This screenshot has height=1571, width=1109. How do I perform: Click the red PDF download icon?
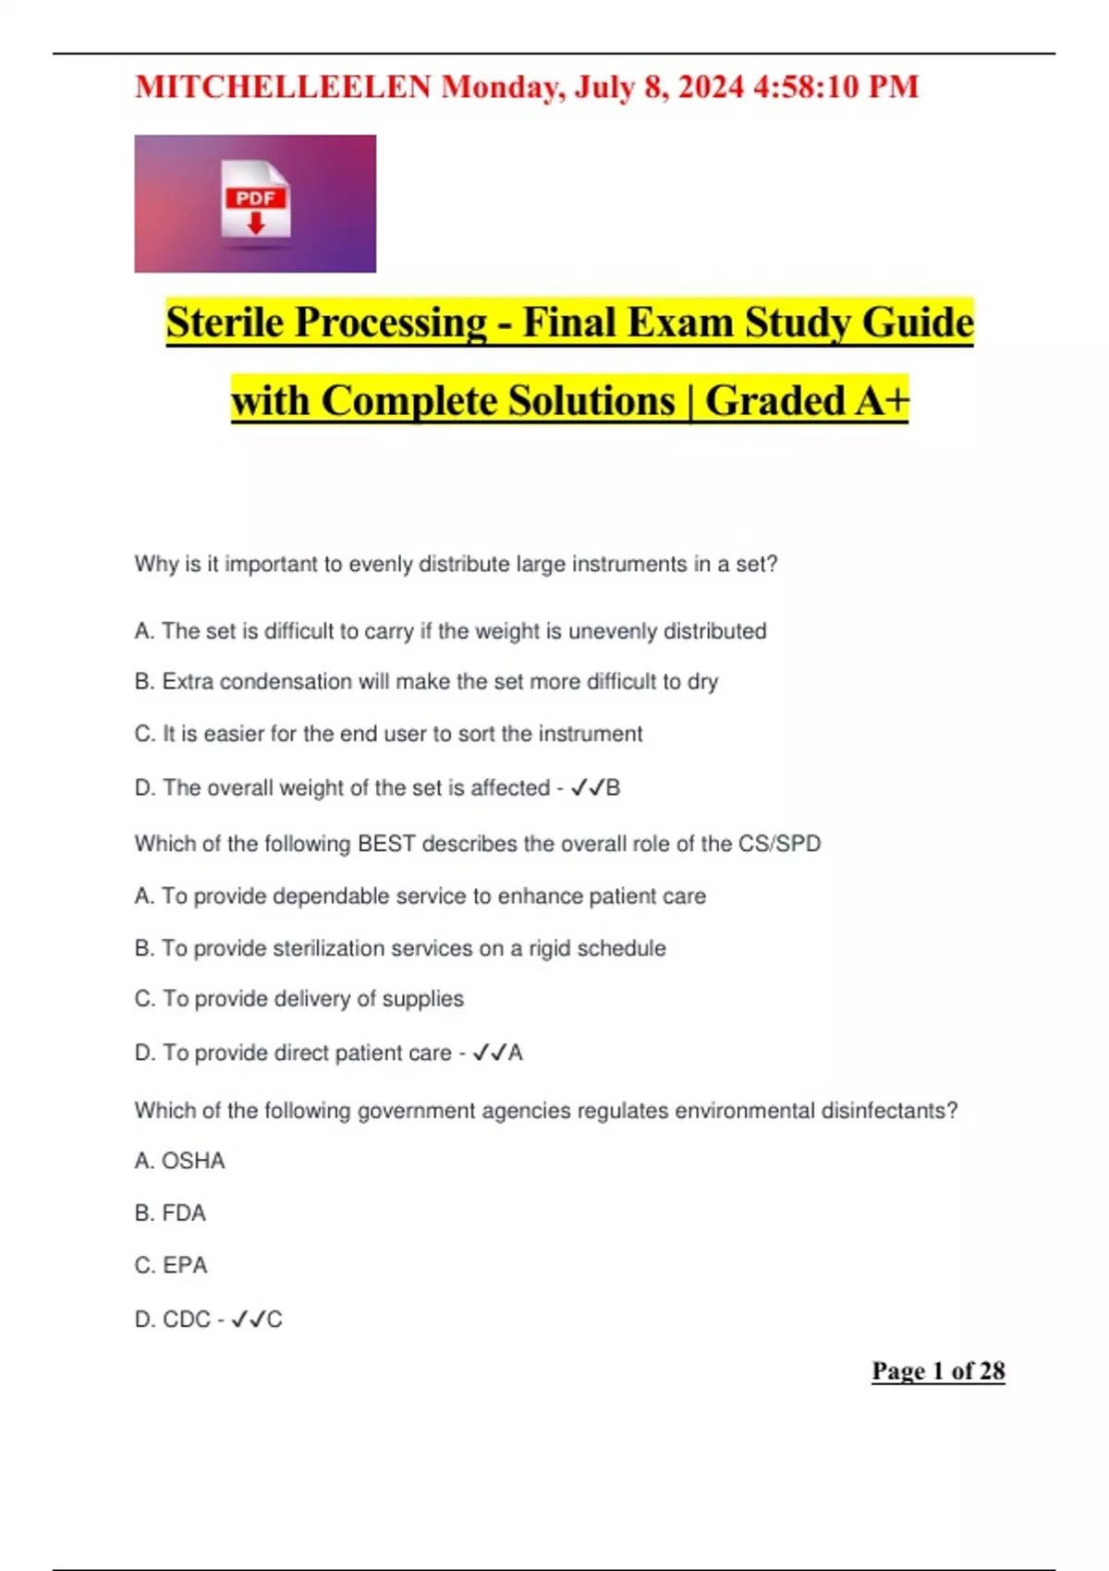point(256,200)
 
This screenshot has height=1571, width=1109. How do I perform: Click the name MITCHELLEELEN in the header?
point(283,87)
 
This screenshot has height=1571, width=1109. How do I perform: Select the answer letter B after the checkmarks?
point(613,788)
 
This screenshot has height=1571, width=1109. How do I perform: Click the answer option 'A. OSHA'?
point(179,1161)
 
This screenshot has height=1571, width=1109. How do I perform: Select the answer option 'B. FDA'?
point(170,1213)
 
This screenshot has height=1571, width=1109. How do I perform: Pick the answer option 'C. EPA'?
point(171,1265)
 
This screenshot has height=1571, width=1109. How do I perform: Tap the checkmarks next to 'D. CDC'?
point(248,1320)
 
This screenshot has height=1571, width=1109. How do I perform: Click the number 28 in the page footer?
point(992,1371)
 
